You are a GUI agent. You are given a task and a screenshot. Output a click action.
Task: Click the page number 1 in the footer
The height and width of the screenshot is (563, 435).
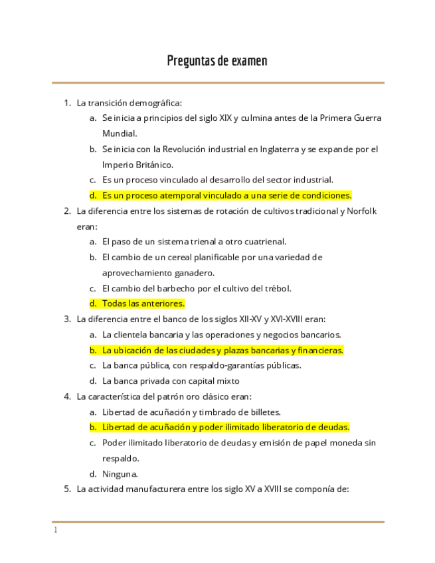pyautogui.click(x=56, y=530)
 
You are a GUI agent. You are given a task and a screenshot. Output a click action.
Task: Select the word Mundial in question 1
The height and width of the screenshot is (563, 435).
pyautogui.click(x=120, y=133)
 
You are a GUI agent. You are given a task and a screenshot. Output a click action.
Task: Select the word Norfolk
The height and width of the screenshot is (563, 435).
pyautogui.click(x=362, y=211)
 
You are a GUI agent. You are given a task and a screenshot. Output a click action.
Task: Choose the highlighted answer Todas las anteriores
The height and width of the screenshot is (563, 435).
pyautogui.click(x=143, y=303)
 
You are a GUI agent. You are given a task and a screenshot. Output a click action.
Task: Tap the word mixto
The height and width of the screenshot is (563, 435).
pyautogui.click(x=227, y=381)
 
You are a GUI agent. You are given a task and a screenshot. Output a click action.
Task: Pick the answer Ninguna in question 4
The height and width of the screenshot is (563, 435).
pyautogui.click(x=120, y=474)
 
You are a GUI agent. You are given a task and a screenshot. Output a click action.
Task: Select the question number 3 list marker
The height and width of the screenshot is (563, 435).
pyautogui.click(x=67, y=319)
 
